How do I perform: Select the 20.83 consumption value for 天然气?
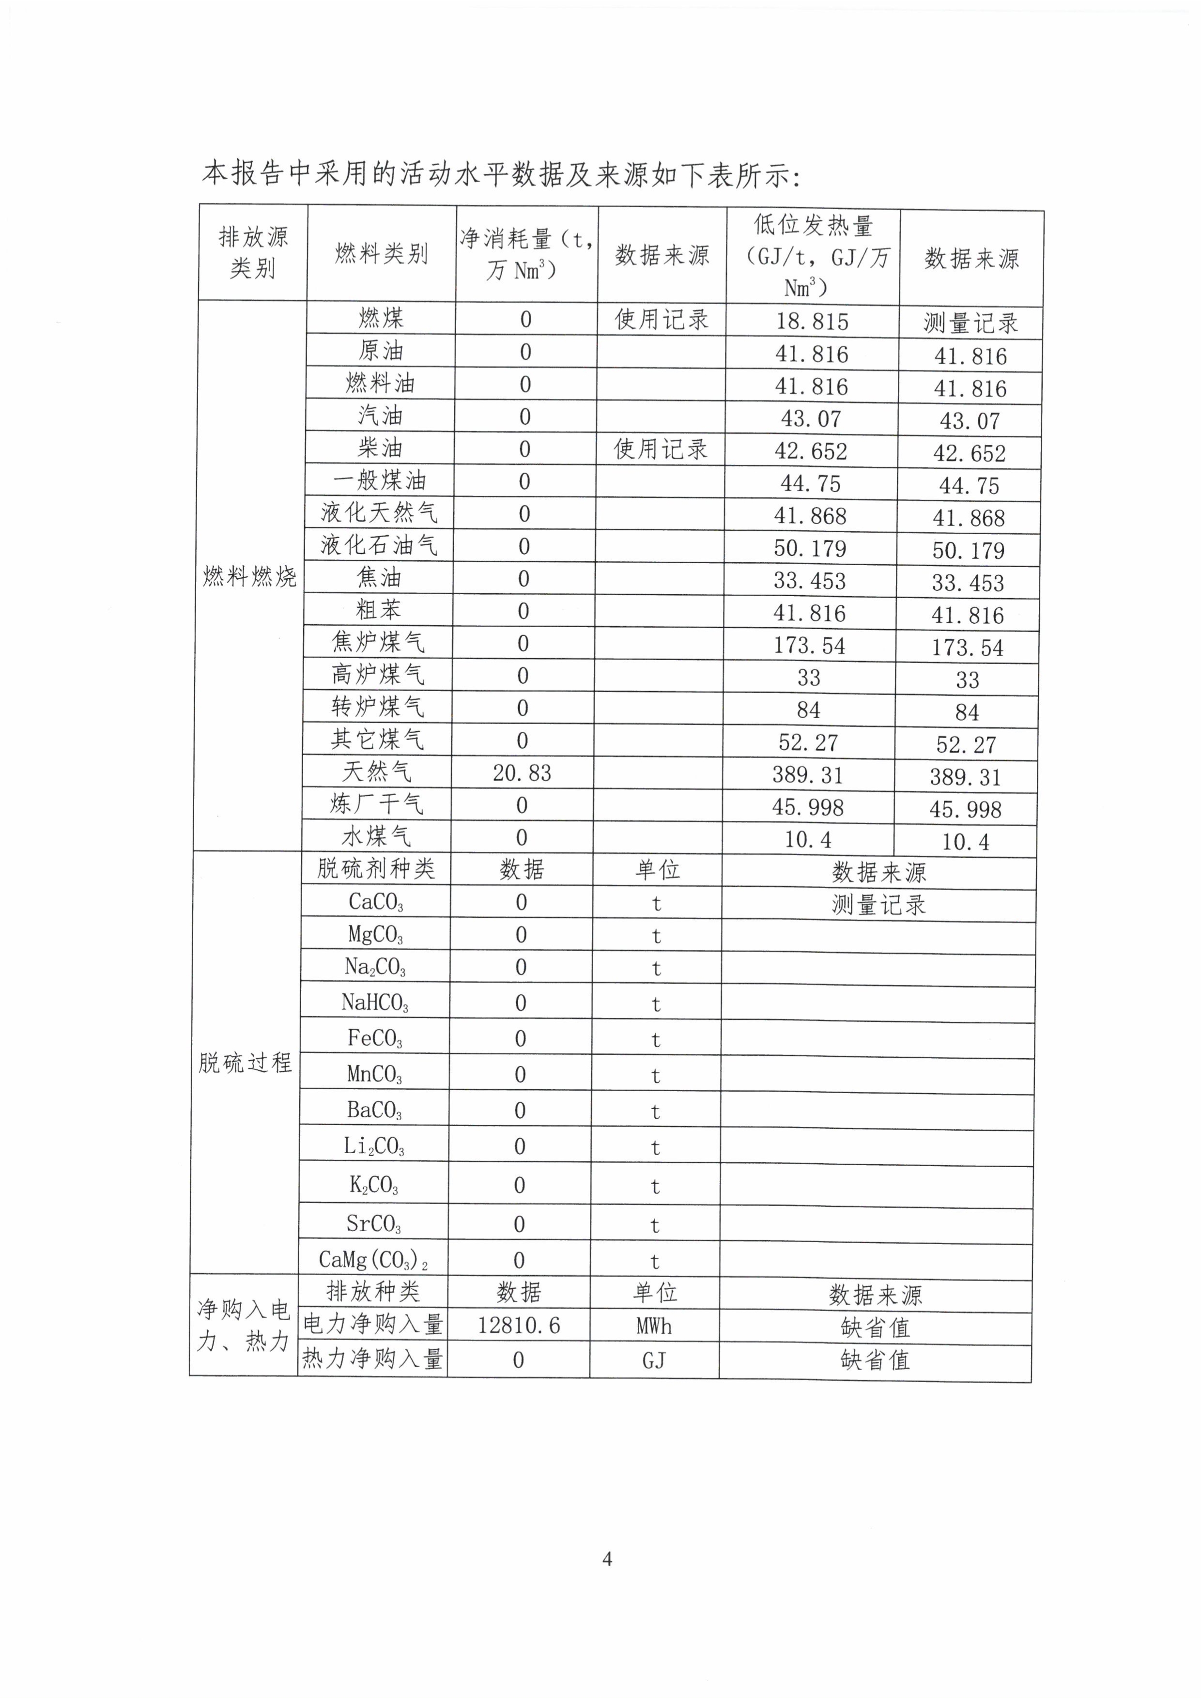(522, 773)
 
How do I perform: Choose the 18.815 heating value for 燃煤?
(812, 322)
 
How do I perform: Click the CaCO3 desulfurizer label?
(376, 902)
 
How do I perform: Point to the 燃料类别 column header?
(382, 254)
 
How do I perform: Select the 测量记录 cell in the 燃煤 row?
(970, 323)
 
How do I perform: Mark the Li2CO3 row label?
(374, 1146)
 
